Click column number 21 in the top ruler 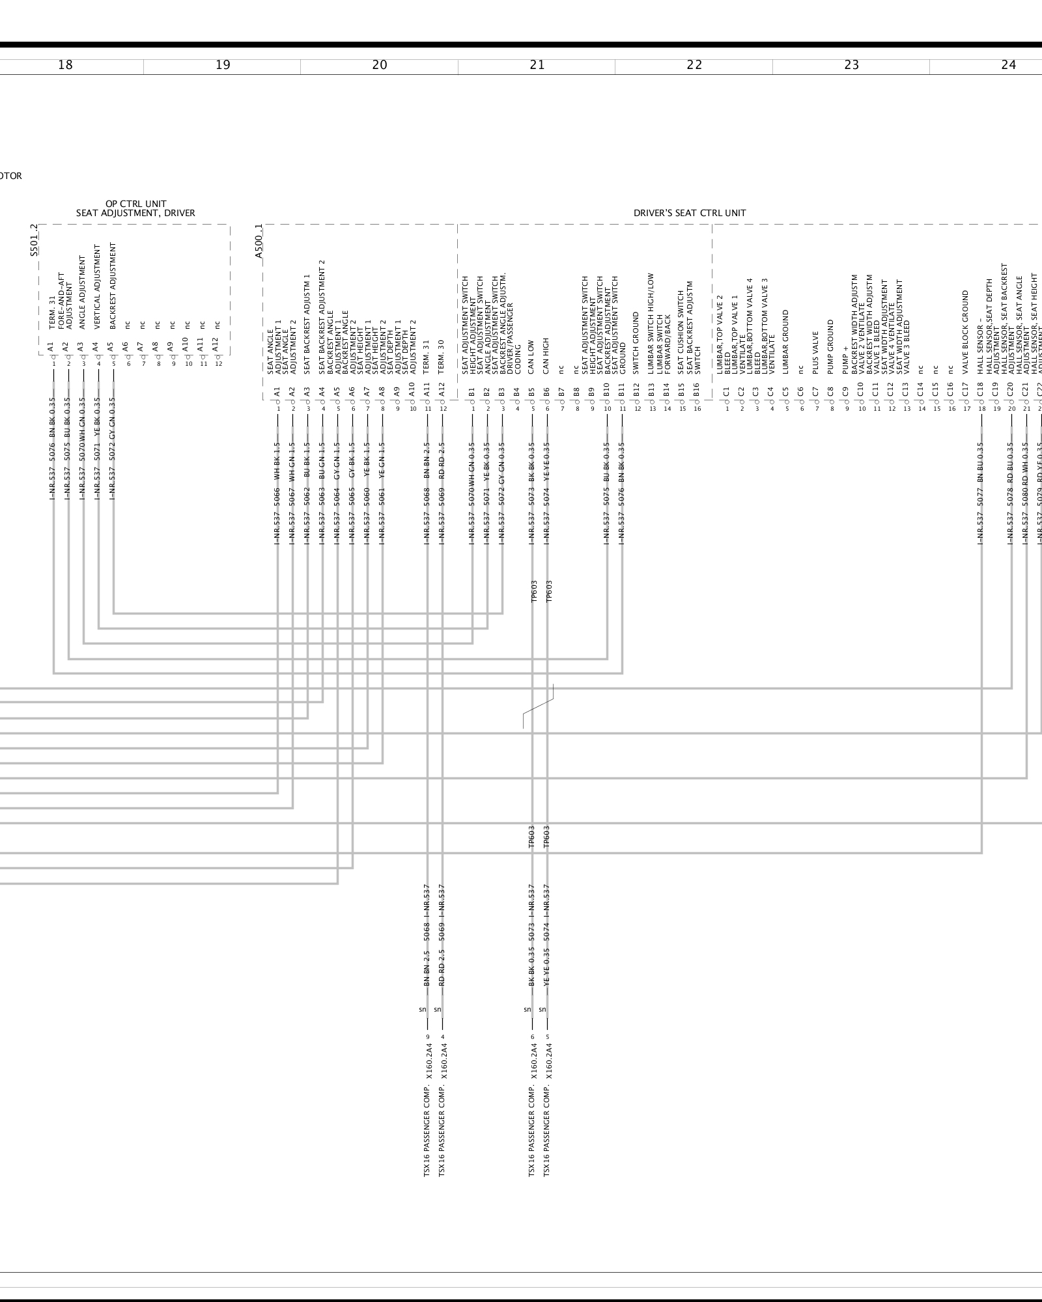[537, 65]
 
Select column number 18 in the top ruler [65, 65]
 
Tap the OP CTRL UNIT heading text [135, 204]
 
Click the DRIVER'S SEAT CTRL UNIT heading [690, 213]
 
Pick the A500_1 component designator [259, 242]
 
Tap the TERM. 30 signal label [442, 357]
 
